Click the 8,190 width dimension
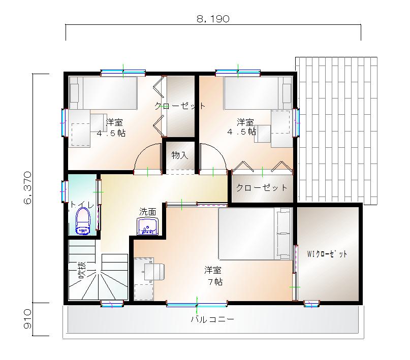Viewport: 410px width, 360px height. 213,19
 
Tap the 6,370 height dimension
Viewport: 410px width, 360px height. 28,187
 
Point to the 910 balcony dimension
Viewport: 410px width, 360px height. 28,319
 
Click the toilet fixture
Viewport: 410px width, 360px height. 83,221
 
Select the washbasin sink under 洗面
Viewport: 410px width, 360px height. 148,226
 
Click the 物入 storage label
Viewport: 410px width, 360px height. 180,155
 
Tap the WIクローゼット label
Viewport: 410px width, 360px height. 327,254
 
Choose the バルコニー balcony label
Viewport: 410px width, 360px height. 212,319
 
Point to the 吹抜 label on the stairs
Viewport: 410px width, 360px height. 82,270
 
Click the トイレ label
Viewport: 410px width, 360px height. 82,205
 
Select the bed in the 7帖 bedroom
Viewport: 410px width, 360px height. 255,234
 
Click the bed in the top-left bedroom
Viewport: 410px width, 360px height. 103,93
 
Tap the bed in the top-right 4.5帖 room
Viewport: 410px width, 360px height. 258,93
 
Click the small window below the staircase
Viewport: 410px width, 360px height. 112,304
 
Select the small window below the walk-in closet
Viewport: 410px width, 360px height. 311,304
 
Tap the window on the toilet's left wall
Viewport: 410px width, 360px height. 65,191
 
